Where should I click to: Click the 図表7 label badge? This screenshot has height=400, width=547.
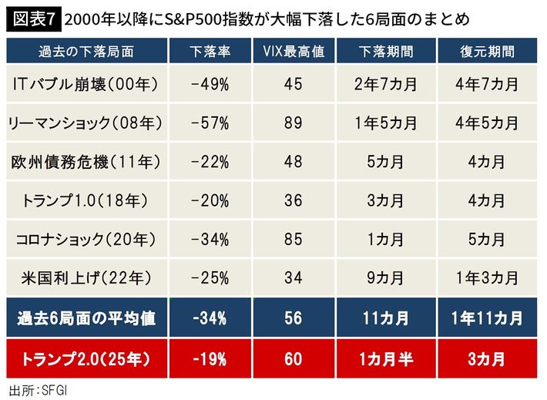coord(32,17)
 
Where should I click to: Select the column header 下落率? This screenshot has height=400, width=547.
coord(210,52)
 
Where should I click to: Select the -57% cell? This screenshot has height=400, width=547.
coord(210,123)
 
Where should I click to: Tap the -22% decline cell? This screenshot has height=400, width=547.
coord(210,163)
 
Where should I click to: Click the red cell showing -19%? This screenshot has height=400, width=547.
coord(210,358)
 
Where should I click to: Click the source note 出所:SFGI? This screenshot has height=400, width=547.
coord(37,389)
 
